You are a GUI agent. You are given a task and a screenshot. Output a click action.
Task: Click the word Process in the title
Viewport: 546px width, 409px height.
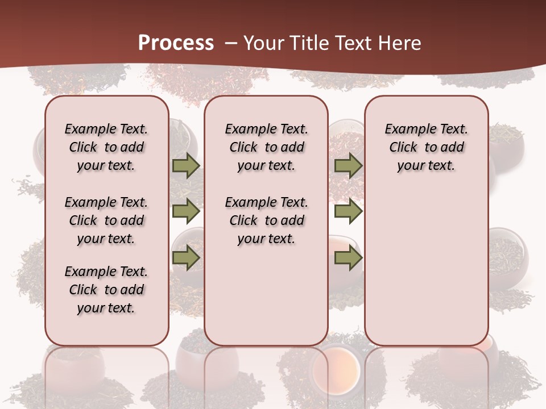176,43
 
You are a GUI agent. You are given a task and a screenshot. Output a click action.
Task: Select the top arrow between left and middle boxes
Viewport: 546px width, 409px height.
185,166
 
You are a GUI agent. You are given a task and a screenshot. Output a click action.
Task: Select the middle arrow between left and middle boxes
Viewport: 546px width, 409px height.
185,211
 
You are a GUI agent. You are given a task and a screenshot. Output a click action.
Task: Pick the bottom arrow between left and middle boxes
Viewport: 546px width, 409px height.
185,258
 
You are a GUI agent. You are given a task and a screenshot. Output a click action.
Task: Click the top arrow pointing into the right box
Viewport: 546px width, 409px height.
348,166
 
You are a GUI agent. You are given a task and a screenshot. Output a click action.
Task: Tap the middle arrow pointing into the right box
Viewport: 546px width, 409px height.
348,211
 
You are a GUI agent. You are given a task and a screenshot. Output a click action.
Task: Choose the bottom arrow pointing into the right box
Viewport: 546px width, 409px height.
348,258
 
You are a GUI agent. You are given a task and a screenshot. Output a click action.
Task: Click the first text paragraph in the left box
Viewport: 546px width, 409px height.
106,147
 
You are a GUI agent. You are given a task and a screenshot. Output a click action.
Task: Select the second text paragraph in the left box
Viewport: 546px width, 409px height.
106,220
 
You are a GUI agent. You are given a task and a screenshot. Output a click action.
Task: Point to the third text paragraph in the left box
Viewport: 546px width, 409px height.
106,290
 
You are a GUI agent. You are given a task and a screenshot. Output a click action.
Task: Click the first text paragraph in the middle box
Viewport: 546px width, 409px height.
266,147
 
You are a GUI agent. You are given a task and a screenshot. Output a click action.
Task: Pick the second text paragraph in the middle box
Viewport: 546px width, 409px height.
266,220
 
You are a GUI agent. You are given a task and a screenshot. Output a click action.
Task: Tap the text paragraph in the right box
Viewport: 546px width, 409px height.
427,147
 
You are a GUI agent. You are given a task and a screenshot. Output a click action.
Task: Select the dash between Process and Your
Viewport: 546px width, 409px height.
231,43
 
